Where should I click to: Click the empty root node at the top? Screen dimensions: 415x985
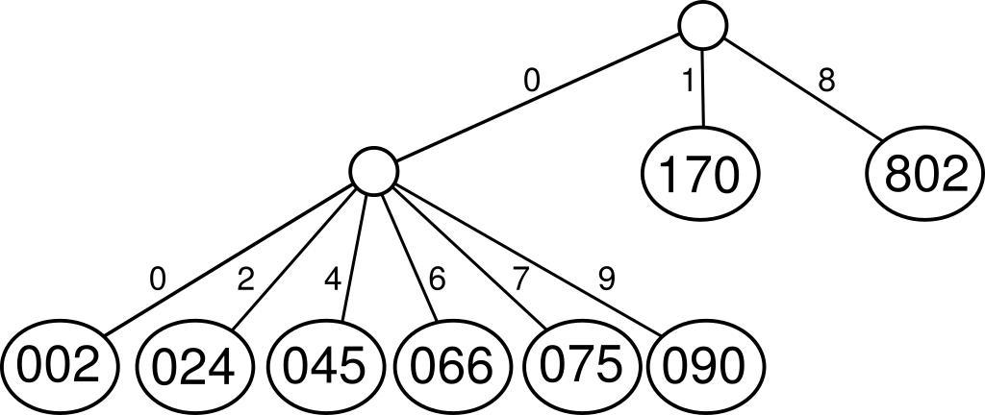point(702,26)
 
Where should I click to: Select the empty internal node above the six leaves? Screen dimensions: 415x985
point(373,171)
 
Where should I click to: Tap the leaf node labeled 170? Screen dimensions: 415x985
point(700,174)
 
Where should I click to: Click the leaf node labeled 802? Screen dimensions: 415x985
point(926,175)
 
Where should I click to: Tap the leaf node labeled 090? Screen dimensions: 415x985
point(705,366)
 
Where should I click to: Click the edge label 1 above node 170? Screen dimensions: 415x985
point(687,82)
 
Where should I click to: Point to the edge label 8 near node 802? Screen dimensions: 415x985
point(825,81)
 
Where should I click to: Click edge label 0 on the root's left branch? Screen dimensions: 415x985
point(532,81)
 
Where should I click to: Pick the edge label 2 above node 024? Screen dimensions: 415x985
point(245,280)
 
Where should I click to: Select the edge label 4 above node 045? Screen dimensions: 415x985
point(333,280)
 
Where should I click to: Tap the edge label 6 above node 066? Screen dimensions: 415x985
point(437,280)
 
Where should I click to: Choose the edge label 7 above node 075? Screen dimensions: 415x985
point(520,280)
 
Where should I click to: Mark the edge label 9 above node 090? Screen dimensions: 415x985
point(606,280)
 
